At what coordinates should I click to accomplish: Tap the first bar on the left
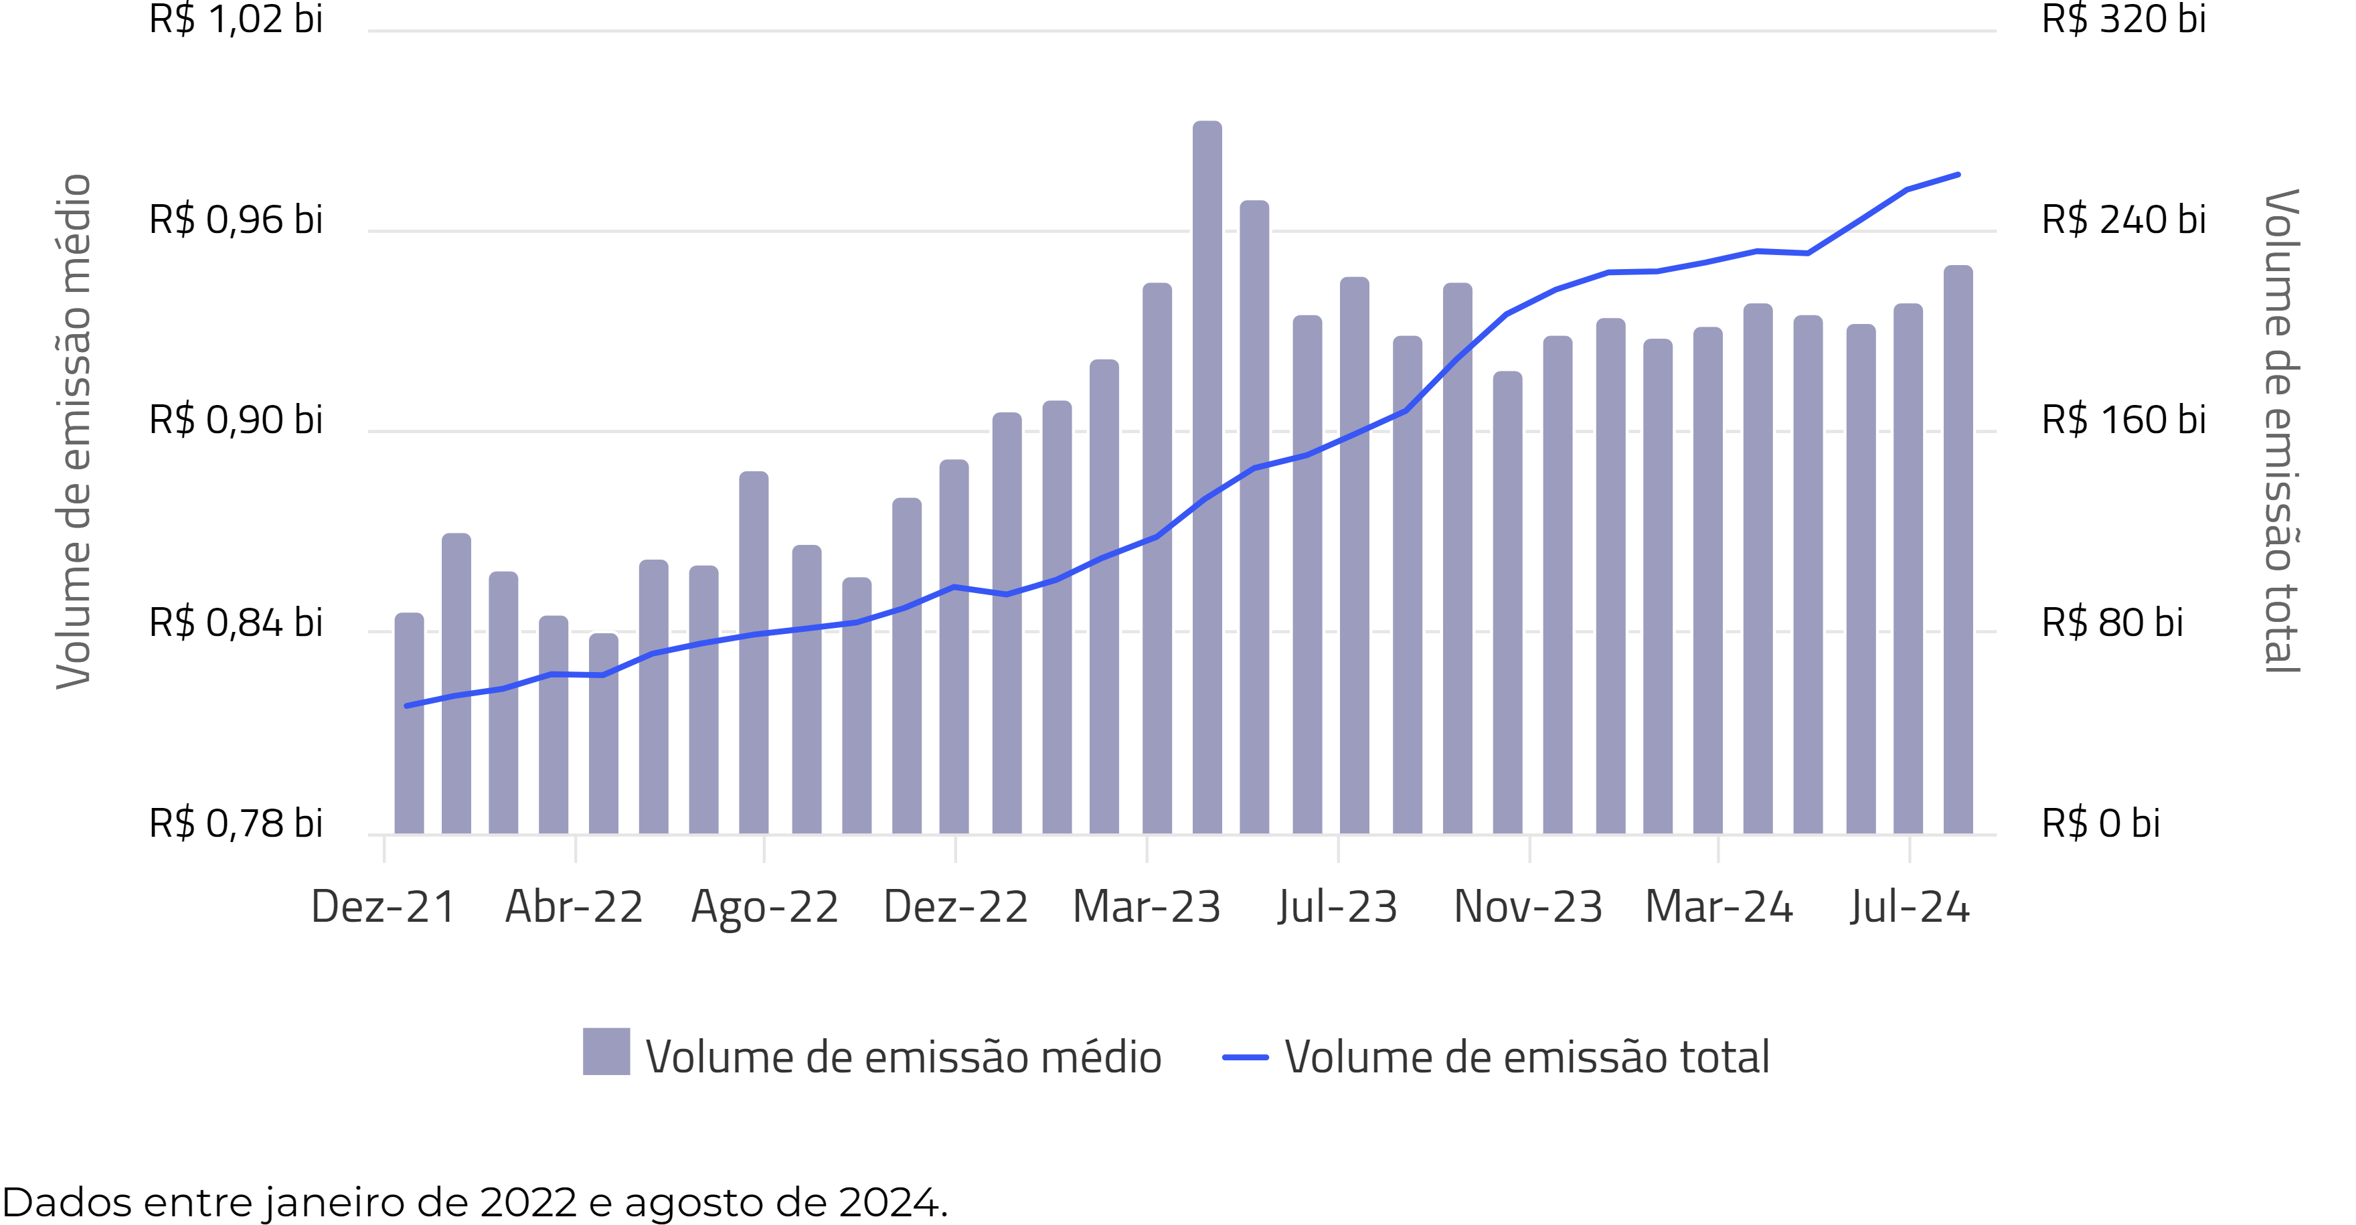click(x=409, y=723)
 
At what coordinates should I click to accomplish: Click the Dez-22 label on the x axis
click(x=956, y=906)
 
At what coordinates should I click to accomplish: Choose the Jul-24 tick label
click(x=1910, y=906)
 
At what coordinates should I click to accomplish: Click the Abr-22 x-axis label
click(x=574, y=906)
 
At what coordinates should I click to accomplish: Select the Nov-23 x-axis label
click(x=1528, y=906)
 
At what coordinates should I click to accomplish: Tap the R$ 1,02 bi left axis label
click(x=236, y=19)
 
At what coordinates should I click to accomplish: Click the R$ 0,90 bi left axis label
click(x=236, y=420)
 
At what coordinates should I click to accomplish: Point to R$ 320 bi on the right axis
click(x=2124, y=19)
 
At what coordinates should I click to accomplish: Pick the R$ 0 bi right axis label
click(x=2101, y=823)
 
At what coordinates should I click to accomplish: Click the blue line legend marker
click(x=1245, y=1058)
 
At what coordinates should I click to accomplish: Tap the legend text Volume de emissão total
click(x=1527, y=1058)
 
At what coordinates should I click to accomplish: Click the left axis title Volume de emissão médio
click(x=73, y=430)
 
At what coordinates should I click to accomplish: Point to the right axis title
click(x=2281, y=430)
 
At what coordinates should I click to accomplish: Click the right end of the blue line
click(x=1957, y=175)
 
